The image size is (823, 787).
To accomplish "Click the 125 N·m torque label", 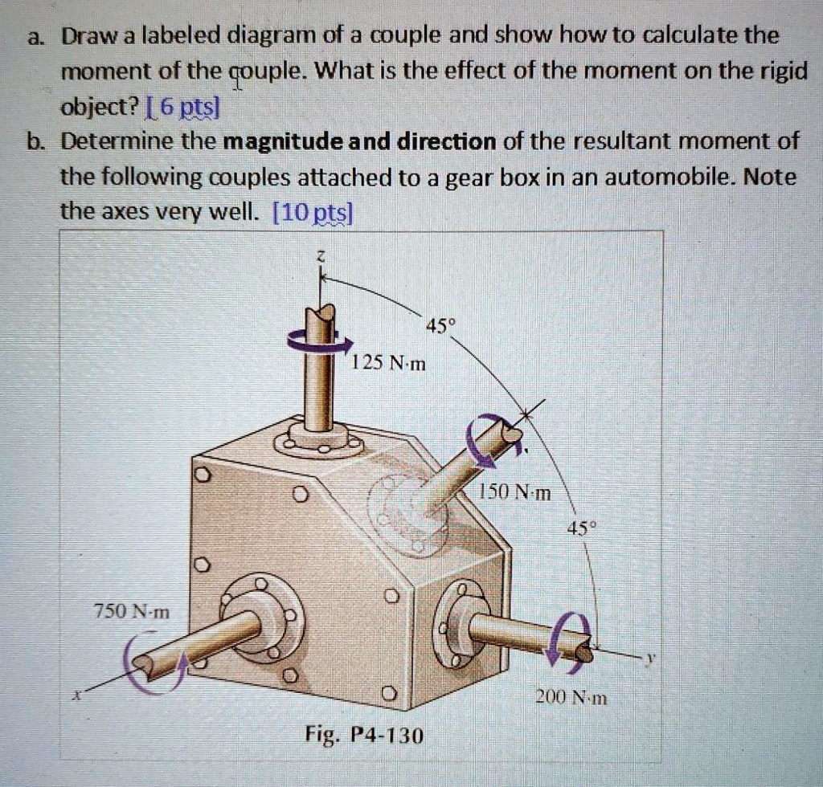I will click(x=389, y=364).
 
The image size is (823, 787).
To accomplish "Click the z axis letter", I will click(x=319, y=255).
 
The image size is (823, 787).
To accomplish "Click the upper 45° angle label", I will click(x=440, y=326).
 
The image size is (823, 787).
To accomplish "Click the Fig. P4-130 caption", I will click(x=364, y=735).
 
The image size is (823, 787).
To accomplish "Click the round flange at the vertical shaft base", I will click(x=319, y=439).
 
